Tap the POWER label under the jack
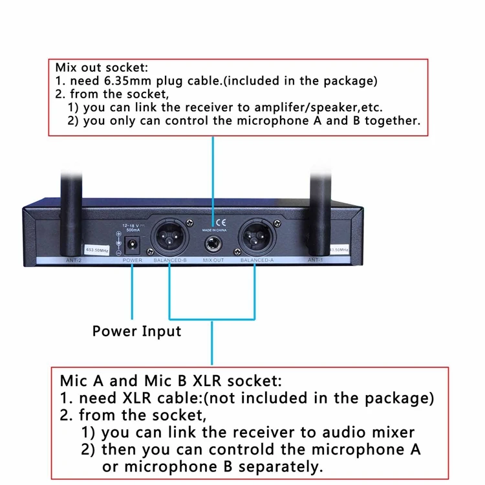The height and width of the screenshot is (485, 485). [133, 260]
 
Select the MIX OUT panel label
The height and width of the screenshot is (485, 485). [213, 260]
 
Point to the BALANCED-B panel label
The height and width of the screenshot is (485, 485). [169, 260]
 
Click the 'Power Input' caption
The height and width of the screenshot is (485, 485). [136, 331]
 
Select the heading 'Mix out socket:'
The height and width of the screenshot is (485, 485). [101, 67]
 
